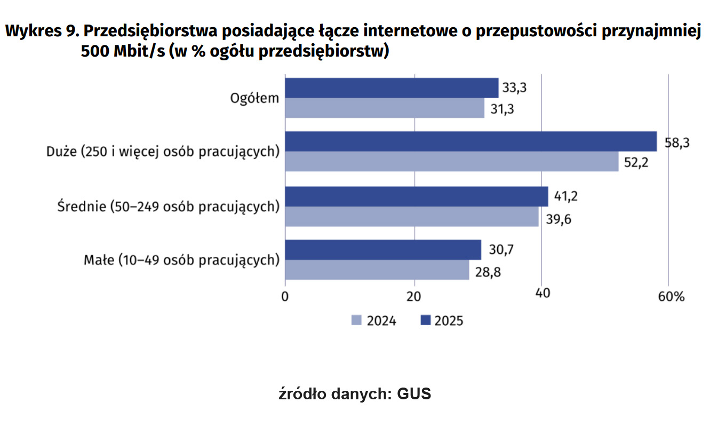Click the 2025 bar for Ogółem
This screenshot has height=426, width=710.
[x=392, y=88]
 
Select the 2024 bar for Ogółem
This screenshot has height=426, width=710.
[x=385, y=108]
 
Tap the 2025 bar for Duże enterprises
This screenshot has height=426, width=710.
[x=470, y=142]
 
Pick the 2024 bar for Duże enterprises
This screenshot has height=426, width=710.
[x=451, y=162]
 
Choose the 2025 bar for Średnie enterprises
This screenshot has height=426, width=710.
[x=416, y=196]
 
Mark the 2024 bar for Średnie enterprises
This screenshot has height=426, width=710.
[x=411, y=216]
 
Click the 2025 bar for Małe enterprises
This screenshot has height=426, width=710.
[x=382, y=250]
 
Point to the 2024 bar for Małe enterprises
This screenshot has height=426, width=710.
[x=377, y=270]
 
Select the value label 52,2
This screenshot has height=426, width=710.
[x=636, y=163]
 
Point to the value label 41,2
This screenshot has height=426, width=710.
[x=566, y=197]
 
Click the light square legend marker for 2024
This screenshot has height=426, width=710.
[x=356, y=320]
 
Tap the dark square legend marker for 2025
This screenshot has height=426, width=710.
[x=425, y=320]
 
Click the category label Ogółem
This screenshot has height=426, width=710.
[x=254, y=98]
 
